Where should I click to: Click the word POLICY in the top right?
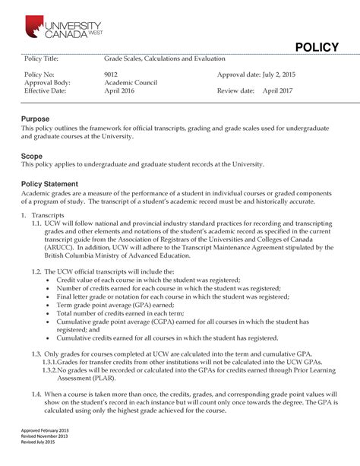[x=317, y=47]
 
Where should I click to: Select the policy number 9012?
[x=111, y=74]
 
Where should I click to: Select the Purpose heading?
[x=36, y=119]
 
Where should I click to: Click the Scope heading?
[x=33, y=155]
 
